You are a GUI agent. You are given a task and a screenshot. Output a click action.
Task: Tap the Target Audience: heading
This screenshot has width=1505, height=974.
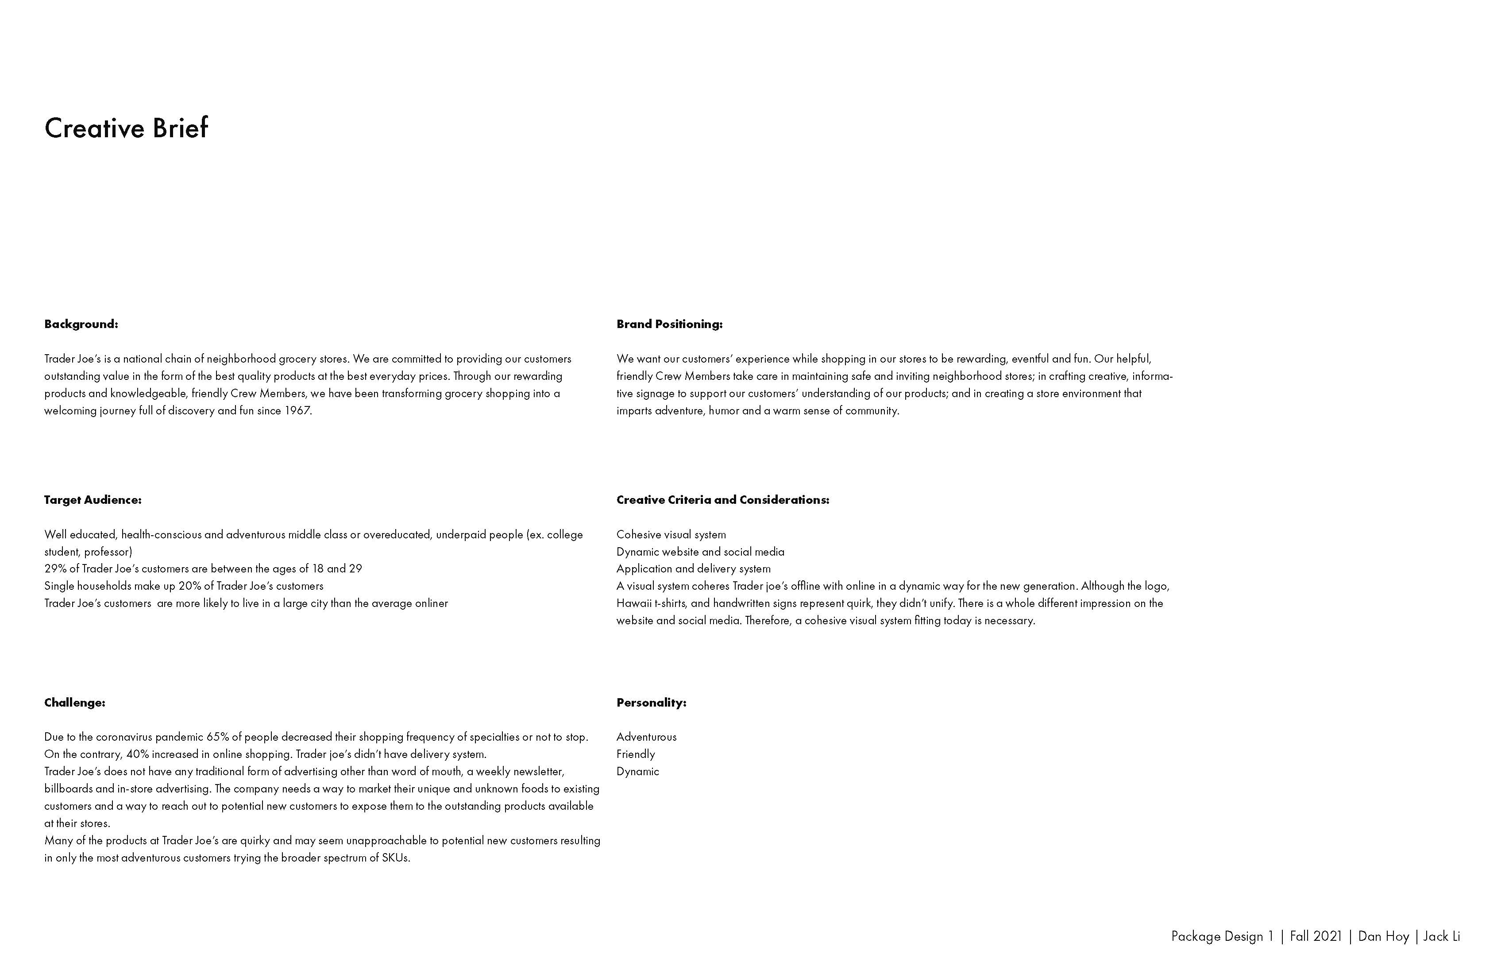pyautogui.click(x=93, y=500)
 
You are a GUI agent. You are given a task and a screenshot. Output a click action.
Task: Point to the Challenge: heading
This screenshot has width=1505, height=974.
pyautogui.click(x=75, y=703)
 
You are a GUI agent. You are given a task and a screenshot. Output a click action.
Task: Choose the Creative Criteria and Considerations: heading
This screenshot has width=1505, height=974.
pyautogui.click(x=722, y=500)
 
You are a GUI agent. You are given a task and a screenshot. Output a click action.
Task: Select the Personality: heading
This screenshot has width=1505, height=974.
pyautogui.click(x=651, y=703)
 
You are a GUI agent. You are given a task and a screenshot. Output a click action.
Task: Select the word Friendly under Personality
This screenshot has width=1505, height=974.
pyautogui.click(x=636, y=754)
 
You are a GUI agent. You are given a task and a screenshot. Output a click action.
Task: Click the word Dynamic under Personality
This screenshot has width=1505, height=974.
pyautogui.click(x=637, y=772)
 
